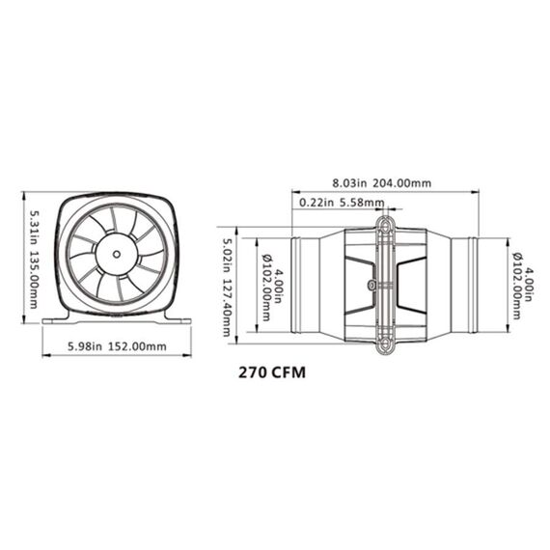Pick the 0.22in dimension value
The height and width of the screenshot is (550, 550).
317,203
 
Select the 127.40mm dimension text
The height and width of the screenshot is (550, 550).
229,306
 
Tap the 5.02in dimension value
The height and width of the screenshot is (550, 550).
229,254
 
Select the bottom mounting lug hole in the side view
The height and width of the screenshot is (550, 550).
385,343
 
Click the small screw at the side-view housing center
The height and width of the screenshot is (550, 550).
372,285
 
